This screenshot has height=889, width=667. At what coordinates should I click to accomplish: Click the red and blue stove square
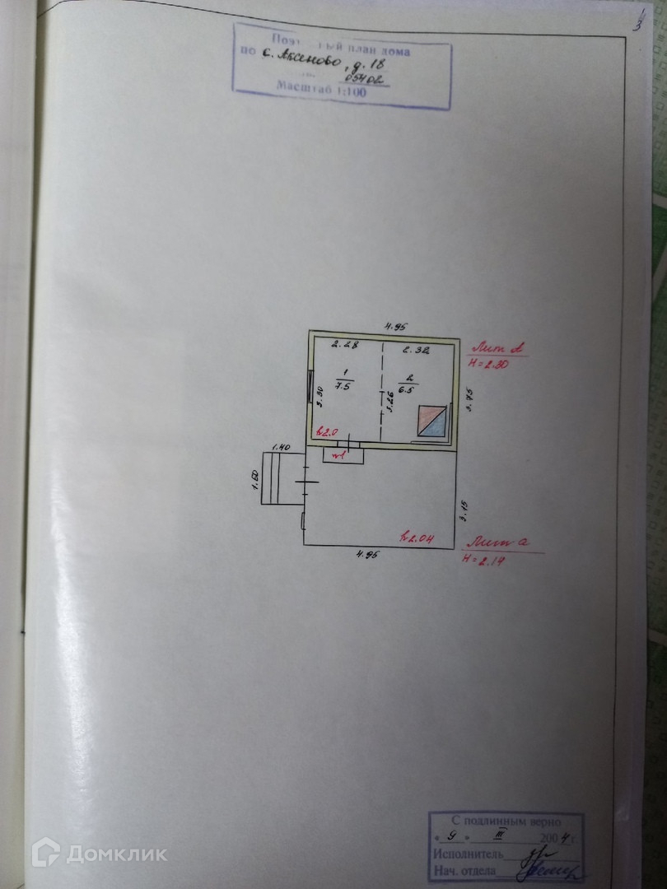[431, 421]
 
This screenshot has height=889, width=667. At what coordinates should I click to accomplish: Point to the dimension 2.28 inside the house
[339, 346]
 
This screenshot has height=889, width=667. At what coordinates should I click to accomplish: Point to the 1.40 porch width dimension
[282, 446]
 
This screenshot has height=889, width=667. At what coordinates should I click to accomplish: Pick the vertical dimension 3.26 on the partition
[390, 403]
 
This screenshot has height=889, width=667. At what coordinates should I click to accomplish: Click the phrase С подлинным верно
[505, 822]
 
